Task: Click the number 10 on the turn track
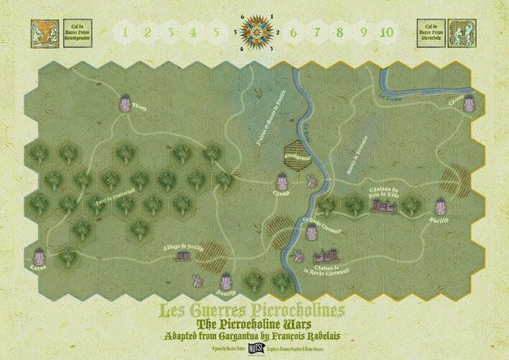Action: [x=387, y=32]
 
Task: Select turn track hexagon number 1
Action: [x=126, y=32]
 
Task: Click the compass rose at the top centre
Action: [x=255, y=32]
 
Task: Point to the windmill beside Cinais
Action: [x=311, y=182]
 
